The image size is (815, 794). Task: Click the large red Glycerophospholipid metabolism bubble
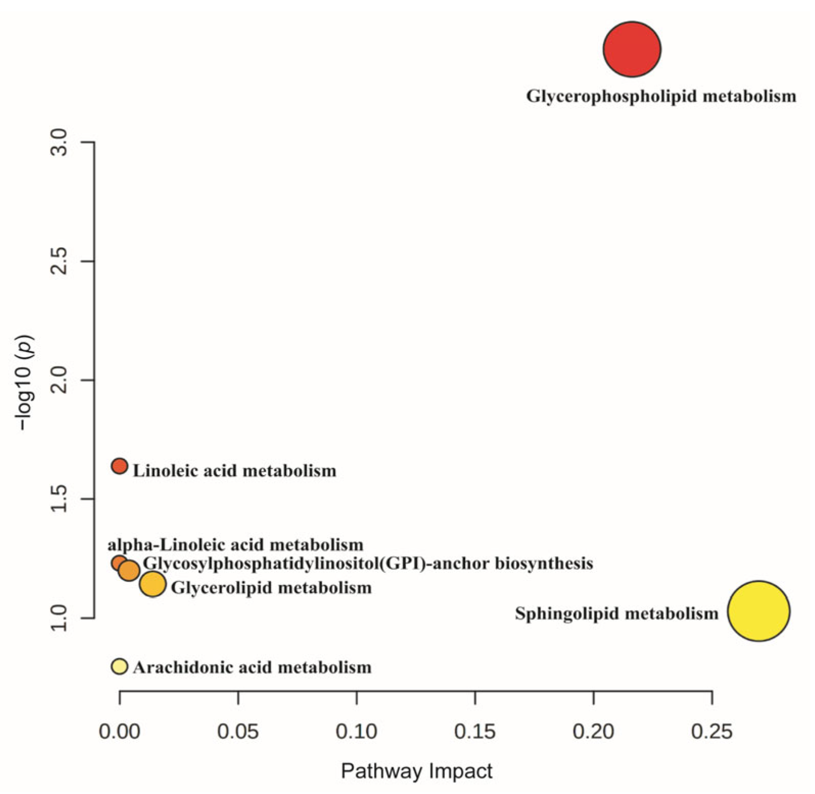pos(632,49)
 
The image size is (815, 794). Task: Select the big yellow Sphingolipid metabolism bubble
pos(759,611)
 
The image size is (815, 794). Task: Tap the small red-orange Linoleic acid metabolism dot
pos(120,466)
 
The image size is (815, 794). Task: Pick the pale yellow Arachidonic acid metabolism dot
pos(120,666)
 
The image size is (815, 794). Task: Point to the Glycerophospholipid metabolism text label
pos(661,96)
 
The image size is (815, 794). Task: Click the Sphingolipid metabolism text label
pos(616,613)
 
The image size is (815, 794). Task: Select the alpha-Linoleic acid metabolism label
pos(235,545)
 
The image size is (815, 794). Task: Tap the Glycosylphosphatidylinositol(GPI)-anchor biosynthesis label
pos(368,564)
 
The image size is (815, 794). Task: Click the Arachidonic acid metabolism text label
pos(252,667)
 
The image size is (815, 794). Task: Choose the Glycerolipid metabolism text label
pos(271,588)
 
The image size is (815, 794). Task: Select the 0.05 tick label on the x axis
pos(238,732)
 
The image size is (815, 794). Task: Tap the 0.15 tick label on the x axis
pos(475,732)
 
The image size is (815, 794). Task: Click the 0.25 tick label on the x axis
pos(712,732)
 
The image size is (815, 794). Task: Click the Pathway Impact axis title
pos(416,770)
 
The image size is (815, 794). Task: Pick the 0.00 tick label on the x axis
pos(120,732)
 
